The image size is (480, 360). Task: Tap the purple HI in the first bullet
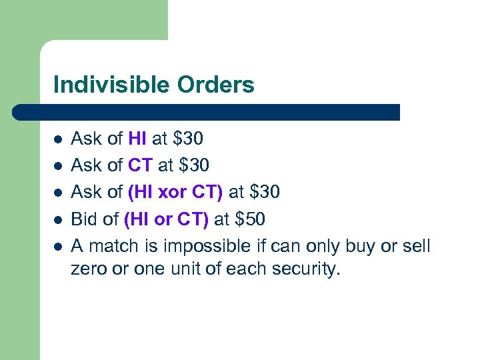pos(137,139)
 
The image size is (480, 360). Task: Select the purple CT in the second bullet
pos(140,165)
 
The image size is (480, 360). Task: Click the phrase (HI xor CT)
pos(174,193)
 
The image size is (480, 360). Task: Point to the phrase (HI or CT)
pos(166,220)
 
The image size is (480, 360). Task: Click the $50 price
pos(254,220)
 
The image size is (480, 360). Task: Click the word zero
pos(87,269)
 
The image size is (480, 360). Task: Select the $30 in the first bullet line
pos(188,139)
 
